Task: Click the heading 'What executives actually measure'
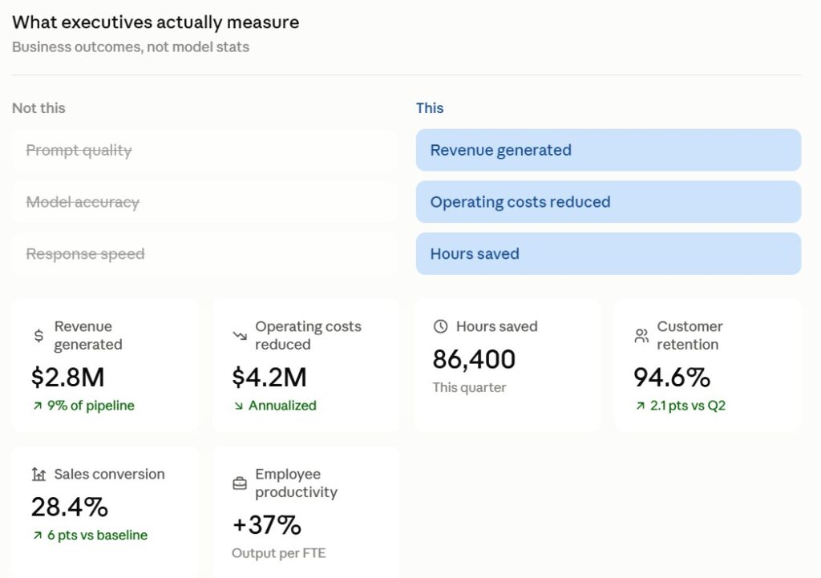156,22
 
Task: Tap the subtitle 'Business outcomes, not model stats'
131,47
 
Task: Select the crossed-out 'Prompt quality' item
79,150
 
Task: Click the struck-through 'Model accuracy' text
83,202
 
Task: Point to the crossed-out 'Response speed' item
85,254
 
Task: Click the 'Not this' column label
38,108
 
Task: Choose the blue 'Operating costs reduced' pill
609,202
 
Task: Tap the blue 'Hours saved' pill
609,254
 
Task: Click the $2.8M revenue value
68,377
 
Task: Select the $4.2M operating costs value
269,377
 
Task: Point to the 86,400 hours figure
474,359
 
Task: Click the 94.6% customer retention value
672,377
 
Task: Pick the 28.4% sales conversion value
70,507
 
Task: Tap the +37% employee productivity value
266,524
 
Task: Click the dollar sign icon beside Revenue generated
38,336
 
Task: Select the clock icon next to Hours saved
441,327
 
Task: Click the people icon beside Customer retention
641,336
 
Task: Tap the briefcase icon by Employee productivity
239,483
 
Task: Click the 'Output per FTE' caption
278,553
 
